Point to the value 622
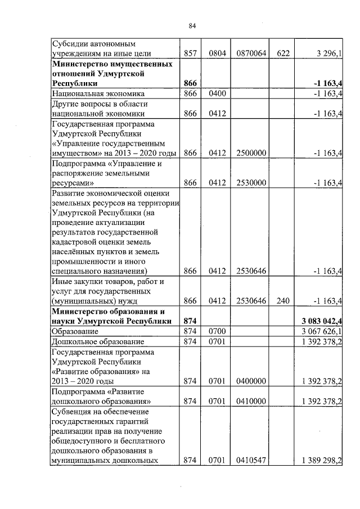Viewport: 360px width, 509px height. (x=283, y=53)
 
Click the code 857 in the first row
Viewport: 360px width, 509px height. (x=190, y=53)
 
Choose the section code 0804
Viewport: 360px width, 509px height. (x=217, y=53)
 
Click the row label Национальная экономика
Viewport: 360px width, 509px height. (x=98, y=93)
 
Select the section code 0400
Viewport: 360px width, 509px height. (x=217, y=93)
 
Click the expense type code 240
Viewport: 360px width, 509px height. (x=283, y=301)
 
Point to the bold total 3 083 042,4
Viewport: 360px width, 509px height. (x=323, y=321)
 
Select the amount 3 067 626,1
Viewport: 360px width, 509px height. (x=323, y=331)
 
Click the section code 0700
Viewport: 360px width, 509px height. (x=217, y=331)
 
